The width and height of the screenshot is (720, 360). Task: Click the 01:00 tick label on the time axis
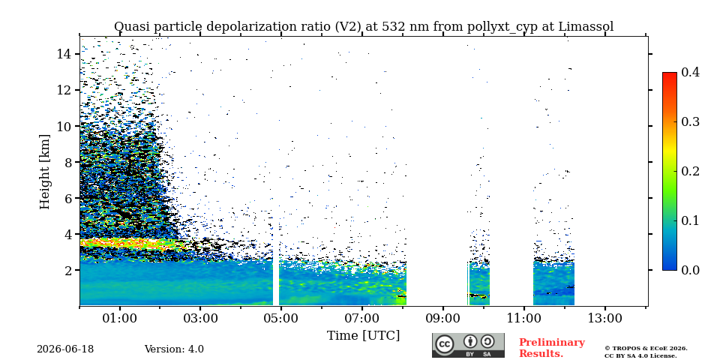click(120, 318)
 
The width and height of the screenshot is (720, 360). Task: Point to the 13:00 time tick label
click(604, 318)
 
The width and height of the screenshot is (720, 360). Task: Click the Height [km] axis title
click(44, 172)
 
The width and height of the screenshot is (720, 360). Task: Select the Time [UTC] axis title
click(363, 336)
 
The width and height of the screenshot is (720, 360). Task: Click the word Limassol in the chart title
click(586, 27)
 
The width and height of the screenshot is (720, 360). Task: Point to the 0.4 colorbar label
click(690, 72)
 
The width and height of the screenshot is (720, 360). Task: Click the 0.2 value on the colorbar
click(690, 171)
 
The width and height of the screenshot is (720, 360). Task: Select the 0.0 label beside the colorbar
click(690, 270)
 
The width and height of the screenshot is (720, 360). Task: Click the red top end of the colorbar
click(670, 74)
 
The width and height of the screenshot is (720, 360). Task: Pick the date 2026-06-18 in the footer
click(65, 349)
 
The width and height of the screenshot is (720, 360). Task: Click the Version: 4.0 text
click(174, 349)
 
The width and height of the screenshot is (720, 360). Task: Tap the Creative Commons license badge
click(468, 345)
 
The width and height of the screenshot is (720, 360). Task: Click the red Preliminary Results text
click(552, 348)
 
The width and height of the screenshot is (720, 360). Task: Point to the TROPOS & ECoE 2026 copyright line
click(646, 349)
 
